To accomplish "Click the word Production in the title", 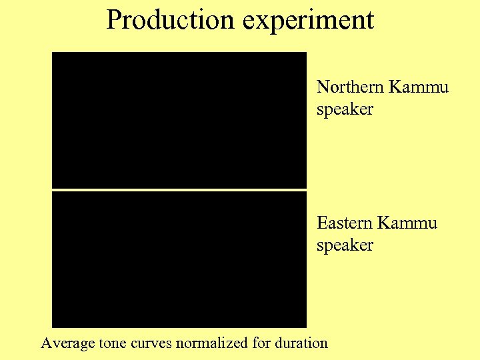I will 171,19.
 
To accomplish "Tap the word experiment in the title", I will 308,21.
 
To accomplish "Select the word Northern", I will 349,87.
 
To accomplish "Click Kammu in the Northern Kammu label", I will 419,87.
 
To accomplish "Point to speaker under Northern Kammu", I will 345,109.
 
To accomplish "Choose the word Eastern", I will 344,223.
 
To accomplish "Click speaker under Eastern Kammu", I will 345,245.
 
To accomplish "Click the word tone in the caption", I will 111,343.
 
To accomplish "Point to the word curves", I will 150,343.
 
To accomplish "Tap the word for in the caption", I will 261,343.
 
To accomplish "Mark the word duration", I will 301,343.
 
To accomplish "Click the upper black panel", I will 179,120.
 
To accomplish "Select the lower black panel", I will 179,260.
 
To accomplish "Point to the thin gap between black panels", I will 179,190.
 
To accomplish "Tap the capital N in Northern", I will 323,87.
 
